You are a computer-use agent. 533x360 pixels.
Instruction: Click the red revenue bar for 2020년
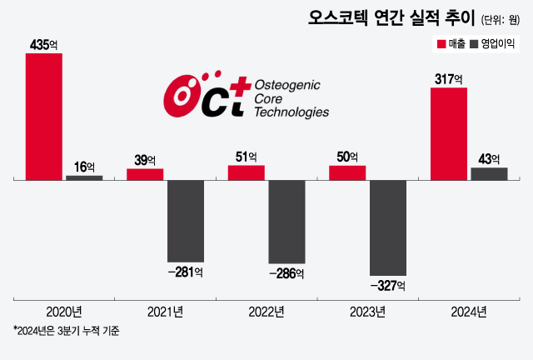43,116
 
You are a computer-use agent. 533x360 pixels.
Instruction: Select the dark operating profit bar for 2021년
185,221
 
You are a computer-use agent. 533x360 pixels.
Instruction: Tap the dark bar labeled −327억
387,227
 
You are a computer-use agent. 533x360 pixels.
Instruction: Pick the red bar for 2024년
448,132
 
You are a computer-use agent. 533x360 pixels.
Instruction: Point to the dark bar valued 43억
489,173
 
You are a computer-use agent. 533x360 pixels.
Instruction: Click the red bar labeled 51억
246,172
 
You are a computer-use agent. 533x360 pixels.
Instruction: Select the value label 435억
43,44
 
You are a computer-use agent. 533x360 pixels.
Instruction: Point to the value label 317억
448,78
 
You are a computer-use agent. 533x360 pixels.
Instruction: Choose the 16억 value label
84,167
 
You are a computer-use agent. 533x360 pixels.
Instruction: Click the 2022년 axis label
266,312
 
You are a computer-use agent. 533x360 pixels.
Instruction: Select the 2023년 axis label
367,312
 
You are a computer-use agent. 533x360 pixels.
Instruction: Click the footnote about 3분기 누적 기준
67,332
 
